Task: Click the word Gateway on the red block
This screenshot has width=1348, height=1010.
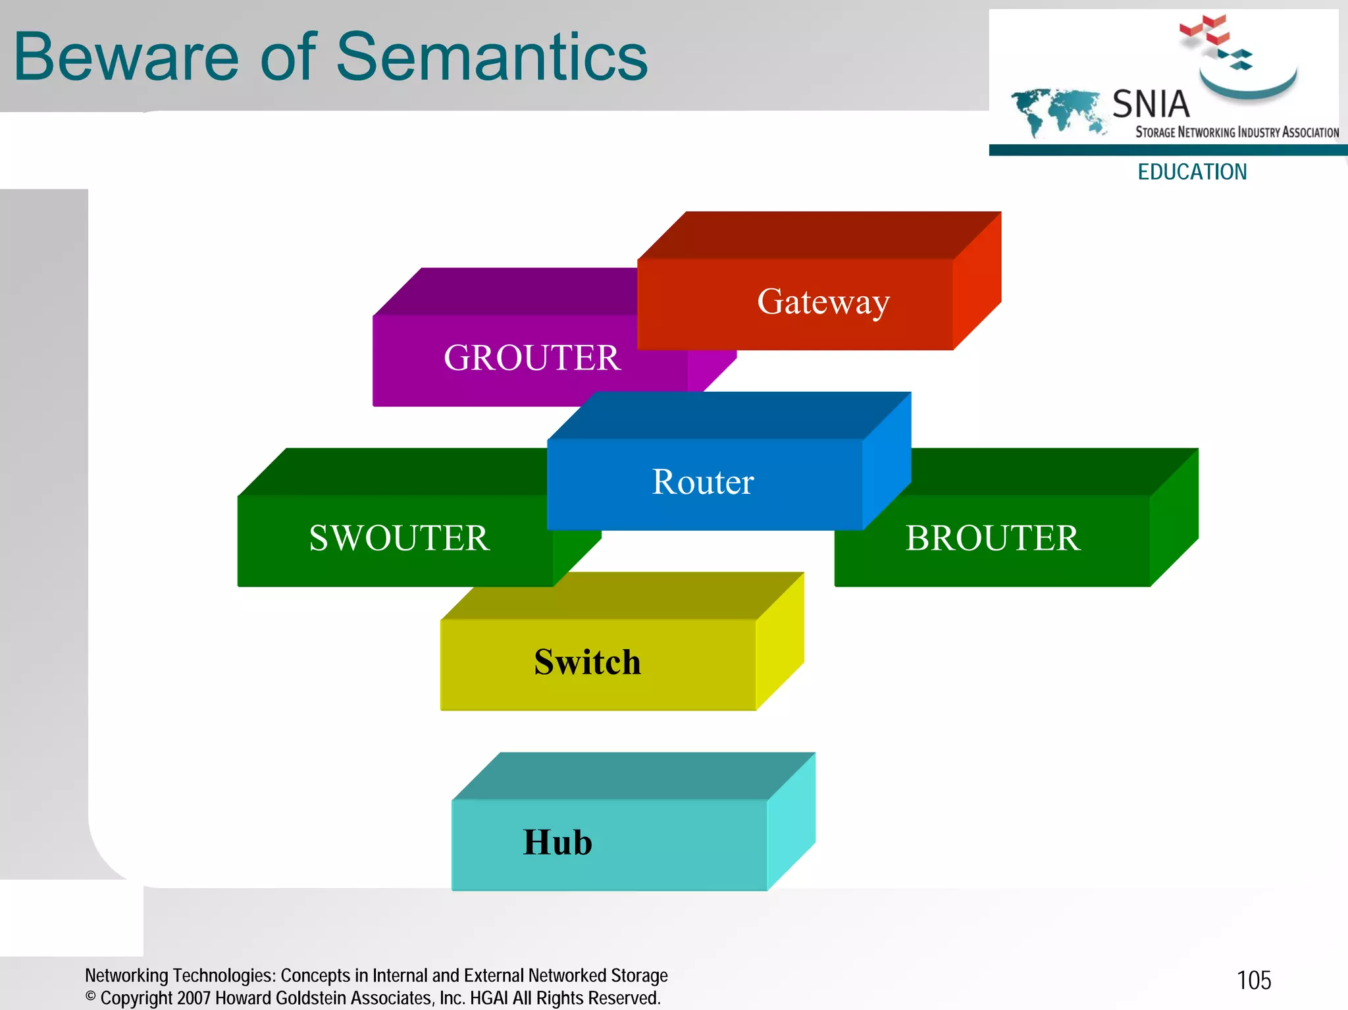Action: tap(823, 302)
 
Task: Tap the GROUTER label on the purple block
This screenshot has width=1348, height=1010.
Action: tap(532, 358)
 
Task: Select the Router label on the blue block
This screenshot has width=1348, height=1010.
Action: tap(703, 482)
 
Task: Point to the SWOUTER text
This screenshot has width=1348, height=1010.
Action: tap(400, 538)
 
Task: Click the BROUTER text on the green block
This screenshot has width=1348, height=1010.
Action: tap(993, 538)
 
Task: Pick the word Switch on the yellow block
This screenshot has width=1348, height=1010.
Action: tap(587, 662)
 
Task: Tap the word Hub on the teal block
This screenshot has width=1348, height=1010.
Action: tap(557, 842)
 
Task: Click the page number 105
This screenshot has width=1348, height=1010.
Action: tap(1254, 980)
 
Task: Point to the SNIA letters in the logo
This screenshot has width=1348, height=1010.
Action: tap(1151, 104)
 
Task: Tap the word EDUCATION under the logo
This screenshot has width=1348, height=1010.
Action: tap(1192, 172)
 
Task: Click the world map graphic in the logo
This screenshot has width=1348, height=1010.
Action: tap(1056, 112)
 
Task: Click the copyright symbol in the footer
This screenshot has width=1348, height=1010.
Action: tap(91, 997)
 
